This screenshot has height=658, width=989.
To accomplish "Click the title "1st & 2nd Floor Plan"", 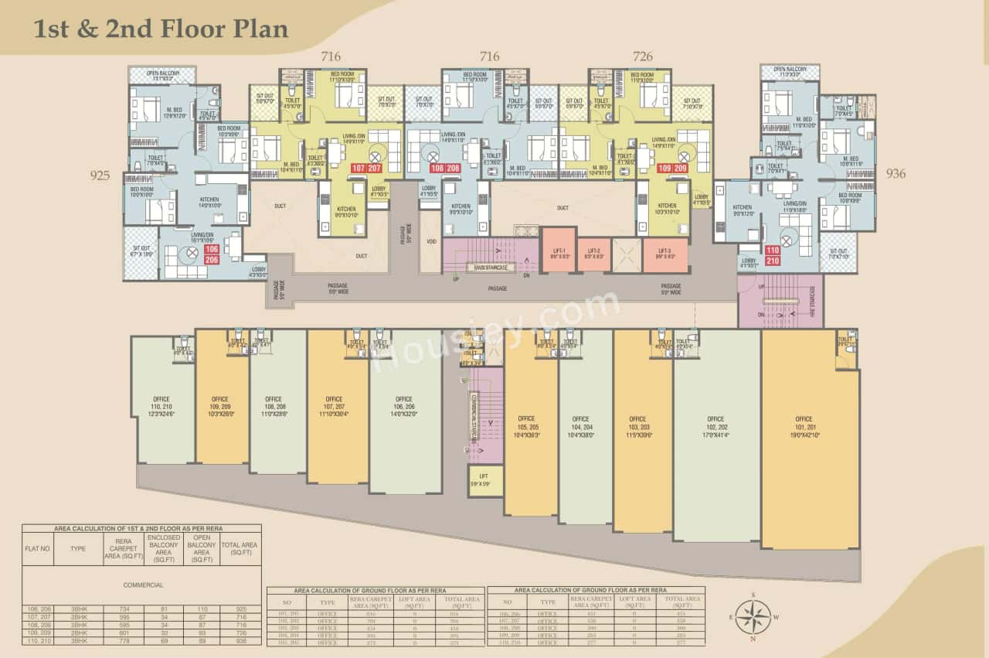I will pyautogui.click(x=161, y=29).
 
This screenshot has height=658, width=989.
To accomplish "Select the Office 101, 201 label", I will pyautogui.click(x=804, y=425).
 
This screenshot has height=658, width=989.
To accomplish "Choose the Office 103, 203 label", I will pyautogui.click(x=637, y=425).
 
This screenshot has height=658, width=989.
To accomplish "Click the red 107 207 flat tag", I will pyautogui.click(x=367, y=168).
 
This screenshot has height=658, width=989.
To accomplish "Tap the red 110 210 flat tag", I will pyautogui.click(x=773, y=255).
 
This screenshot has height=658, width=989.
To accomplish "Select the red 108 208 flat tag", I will pyautogui.click(x=445, y=168).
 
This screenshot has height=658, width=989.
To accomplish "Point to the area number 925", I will pyautogui.click(x=100, y=176).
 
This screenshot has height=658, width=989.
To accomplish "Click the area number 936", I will pyautogui.click(x=896, y=174).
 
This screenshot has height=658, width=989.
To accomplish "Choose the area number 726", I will pyautogui.click(x=642, y=56).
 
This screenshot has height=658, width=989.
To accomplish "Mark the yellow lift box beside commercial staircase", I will pyautogui.click(x=485, y=481).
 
